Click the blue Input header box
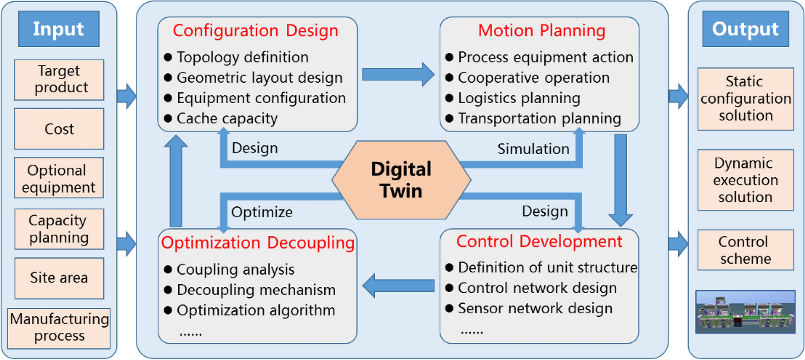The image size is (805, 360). coord(59,29)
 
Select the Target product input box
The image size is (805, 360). coord(59,80)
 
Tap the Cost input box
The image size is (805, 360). coord(59,129)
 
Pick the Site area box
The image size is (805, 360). coord(59,278)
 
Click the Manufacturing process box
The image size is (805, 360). coord(59,328)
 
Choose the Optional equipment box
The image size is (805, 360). coord(59,178)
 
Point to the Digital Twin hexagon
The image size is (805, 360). coord(401,180)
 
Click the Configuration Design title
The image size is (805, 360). coord(256,30)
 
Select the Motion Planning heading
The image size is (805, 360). coord(541,30)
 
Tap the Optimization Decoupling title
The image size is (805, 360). coord(257,243)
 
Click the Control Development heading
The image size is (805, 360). coord(539,241)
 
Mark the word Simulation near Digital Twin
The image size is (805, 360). coord(533,149)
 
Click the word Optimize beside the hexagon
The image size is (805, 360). coord(262,212)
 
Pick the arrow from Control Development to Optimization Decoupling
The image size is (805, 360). coord(398,285)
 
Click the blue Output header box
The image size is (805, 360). coord(745,29)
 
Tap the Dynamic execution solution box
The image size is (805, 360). coord(745,180)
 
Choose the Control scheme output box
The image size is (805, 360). coord(745,250)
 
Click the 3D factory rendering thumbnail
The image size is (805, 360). coord(745,312)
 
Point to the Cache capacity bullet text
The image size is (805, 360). coord(227,119)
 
